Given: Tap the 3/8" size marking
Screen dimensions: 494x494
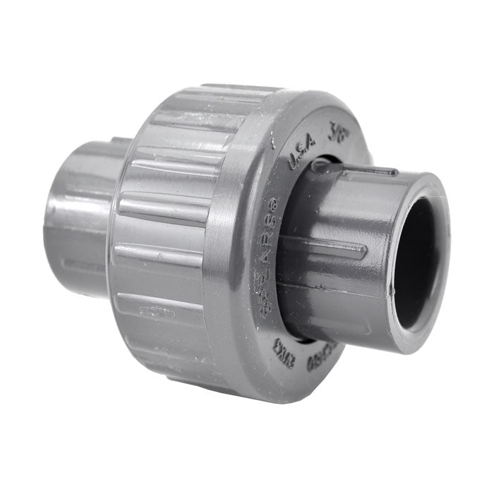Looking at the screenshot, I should coord(341,132).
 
